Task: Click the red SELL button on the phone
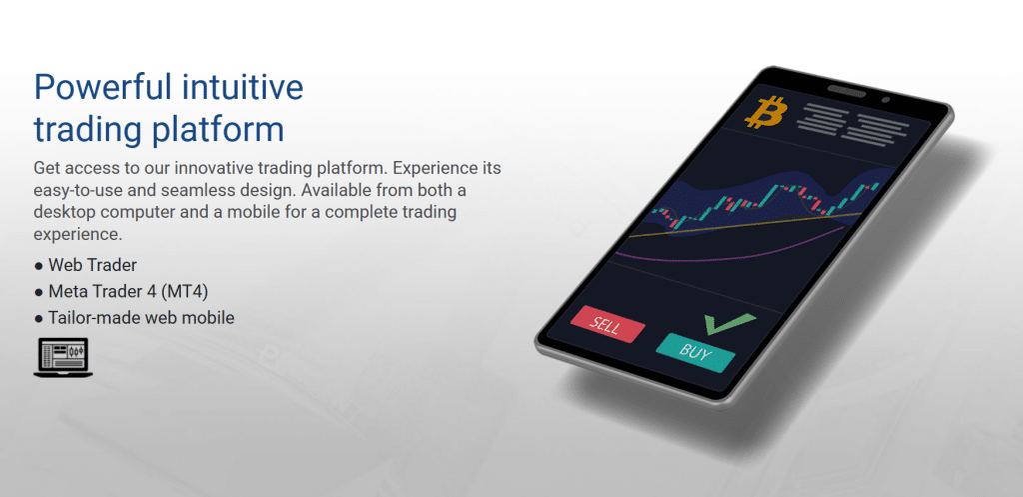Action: pos(607,324)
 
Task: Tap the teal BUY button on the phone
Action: pos(695,353)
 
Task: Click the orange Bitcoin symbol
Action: pos(766,111)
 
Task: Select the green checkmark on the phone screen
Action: pos(728,323)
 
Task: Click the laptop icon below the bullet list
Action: pos(63,357)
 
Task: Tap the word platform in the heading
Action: pos(218,130)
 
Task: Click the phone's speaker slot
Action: pos(847,91)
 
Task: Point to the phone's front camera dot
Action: pos(885,100)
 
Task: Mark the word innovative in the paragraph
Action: pos(230,168)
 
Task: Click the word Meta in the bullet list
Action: pos(67,291)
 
